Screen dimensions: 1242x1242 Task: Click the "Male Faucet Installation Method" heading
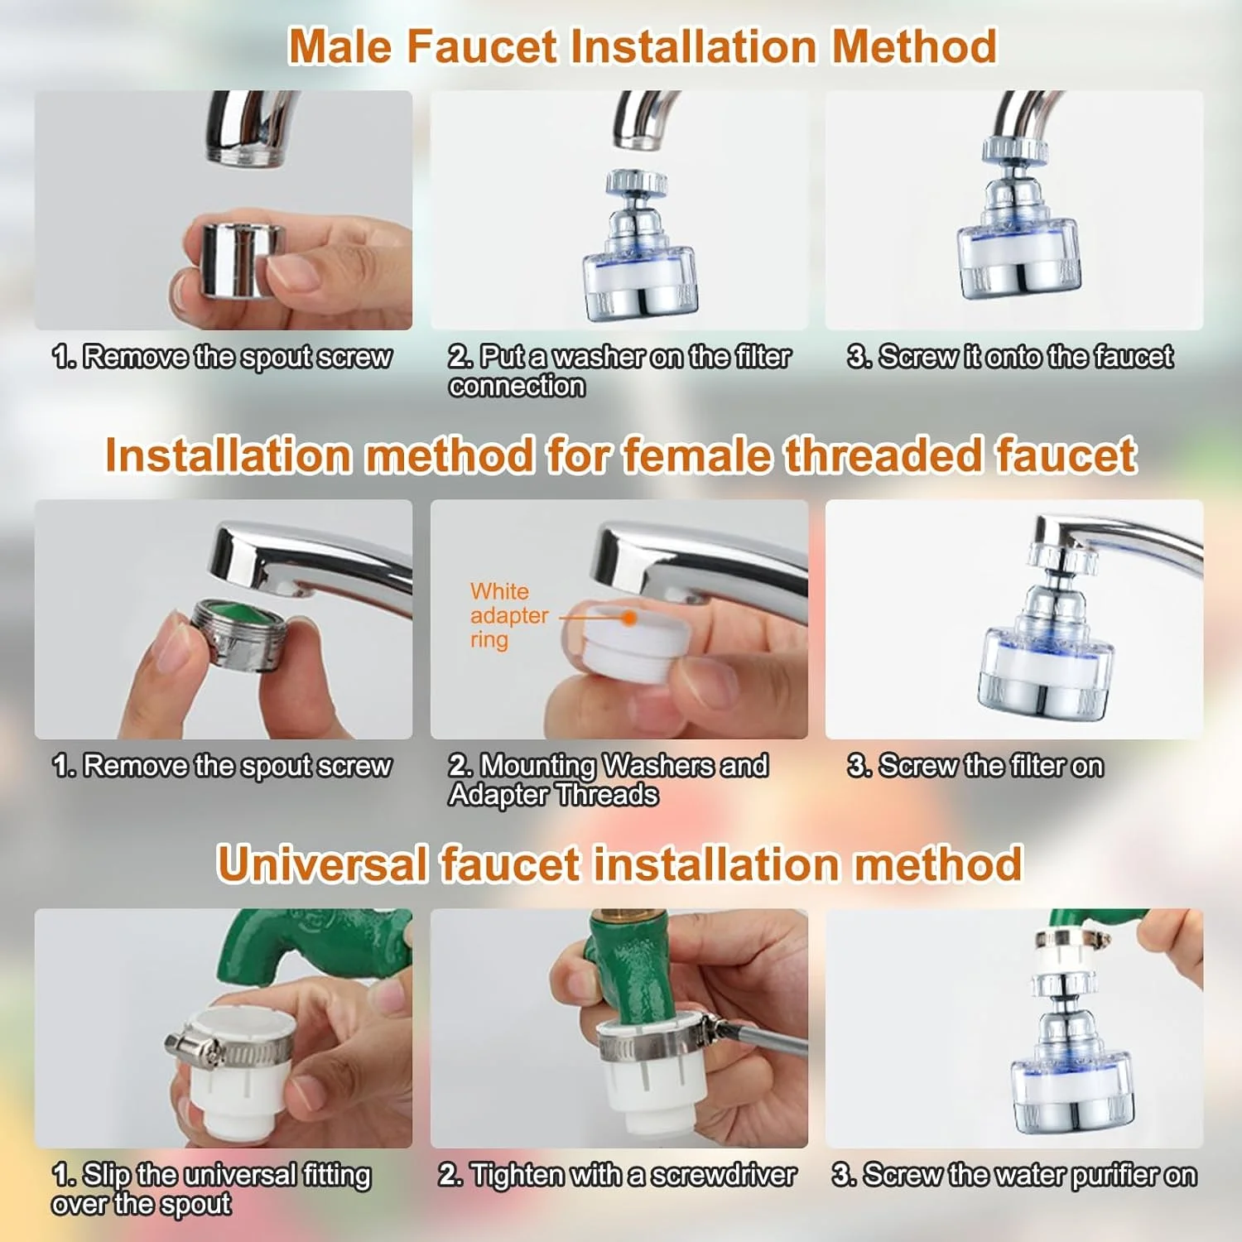coord(643,46)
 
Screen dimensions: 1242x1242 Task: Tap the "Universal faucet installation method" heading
coord(619,864)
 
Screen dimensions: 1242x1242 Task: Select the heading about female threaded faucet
coord(621,455)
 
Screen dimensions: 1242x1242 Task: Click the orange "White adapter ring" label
coord(508,615)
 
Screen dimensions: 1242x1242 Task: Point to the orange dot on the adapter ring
coord(629,618)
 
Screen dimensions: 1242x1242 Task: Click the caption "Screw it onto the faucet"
coord(1010,357)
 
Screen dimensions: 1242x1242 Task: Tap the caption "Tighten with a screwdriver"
coord(617,1175)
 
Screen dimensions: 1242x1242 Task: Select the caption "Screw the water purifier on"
coord(1014,1175)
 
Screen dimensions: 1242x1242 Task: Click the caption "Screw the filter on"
coord(975,766)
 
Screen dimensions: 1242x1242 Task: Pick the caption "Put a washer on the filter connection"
coord(619,371)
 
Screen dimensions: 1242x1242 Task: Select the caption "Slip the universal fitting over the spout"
coord(211,1190)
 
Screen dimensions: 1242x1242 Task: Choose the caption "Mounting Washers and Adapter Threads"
coord(609,780)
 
